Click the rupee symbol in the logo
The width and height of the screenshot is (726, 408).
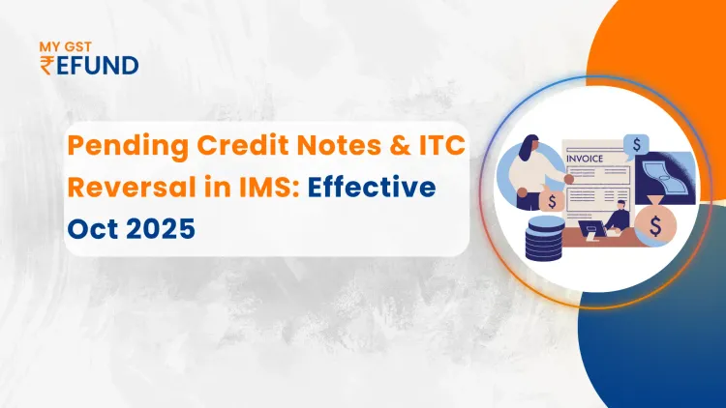(47, 66)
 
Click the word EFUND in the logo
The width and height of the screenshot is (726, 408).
(98, 66)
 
